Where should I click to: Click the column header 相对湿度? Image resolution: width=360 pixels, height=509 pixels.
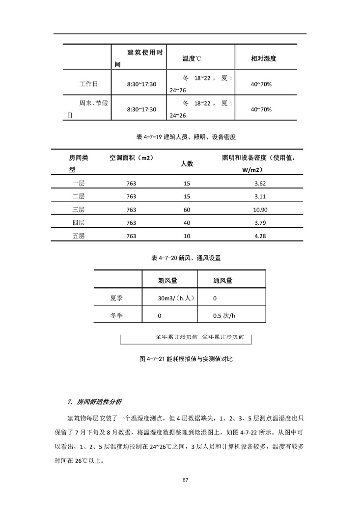click(263, 58)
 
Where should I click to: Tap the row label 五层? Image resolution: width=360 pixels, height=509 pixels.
click(79, 236)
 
